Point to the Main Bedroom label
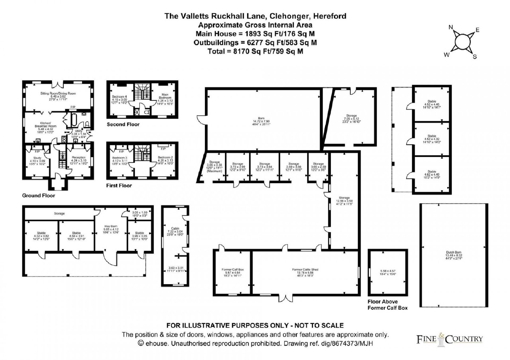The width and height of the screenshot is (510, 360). (165, 96)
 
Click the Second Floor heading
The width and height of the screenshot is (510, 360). (123, 124)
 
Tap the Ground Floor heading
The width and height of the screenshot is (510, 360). (38, 195)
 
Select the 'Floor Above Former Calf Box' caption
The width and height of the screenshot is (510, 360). (387, 305)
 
